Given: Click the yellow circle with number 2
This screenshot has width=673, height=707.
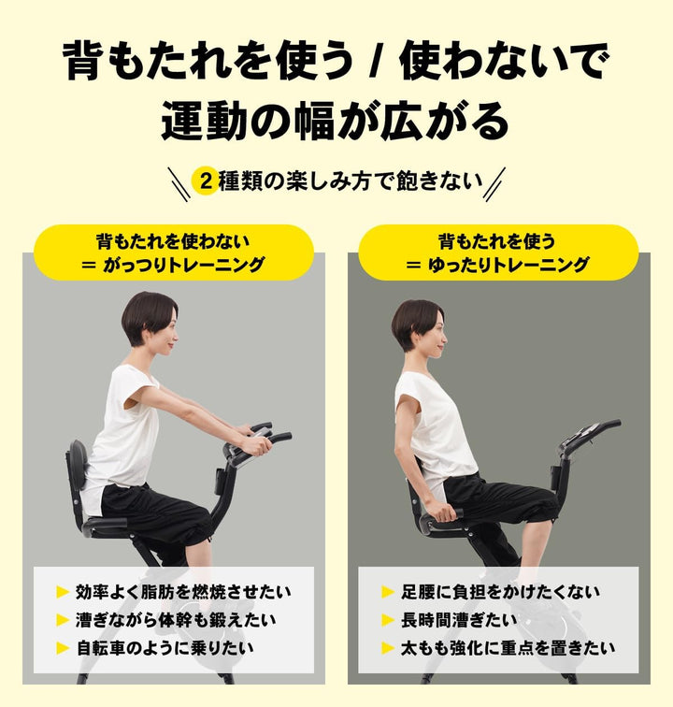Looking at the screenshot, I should [x=205, y=181].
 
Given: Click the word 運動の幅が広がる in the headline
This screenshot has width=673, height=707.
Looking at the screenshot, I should [x=336, y=120].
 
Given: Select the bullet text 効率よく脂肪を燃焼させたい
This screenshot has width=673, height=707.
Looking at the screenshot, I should [x=183, y=592].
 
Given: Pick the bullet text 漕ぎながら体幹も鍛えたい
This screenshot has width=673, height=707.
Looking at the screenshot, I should [x=176, y=619].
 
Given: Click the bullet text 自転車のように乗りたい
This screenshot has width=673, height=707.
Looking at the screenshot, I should [x=165, y=647].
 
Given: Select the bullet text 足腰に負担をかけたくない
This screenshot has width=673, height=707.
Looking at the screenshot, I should [x=501, y=592].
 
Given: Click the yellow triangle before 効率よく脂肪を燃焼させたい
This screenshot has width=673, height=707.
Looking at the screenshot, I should [x=63, y=592].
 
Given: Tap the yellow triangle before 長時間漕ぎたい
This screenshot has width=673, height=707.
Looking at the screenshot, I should [x=388, y=619].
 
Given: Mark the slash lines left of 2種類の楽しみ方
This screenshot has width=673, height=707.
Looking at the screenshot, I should [x=178, y=180].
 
